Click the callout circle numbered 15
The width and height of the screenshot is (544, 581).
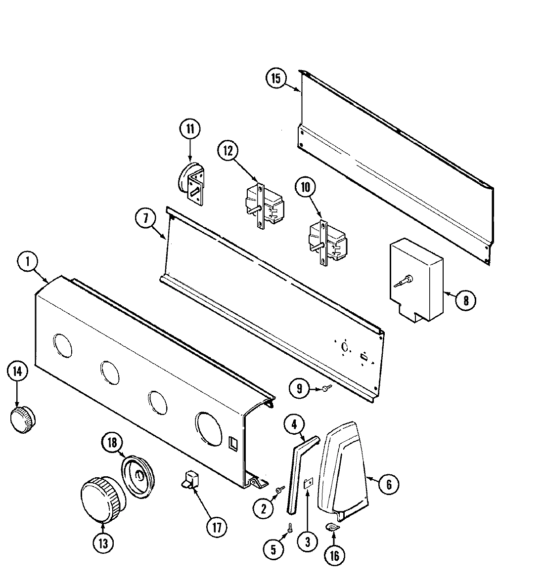276,79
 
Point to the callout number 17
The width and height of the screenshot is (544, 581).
216,526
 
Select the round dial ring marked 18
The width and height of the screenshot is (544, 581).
139,474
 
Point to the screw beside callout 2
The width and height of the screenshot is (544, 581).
281,489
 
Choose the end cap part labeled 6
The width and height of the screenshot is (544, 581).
342,467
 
